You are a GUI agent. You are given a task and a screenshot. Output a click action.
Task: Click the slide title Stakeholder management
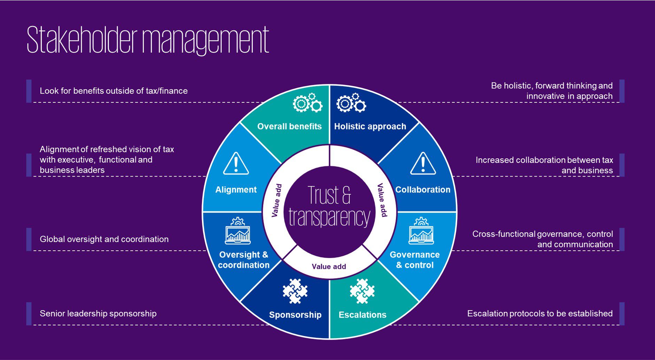coord(148,40)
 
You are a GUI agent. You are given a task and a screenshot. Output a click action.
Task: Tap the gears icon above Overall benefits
coord(307,103)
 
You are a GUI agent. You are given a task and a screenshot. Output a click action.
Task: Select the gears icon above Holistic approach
coord(351,103)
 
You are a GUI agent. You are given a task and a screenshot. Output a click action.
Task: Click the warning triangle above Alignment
coord(236,163)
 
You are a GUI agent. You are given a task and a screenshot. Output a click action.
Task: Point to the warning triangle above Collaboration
coord(423,163)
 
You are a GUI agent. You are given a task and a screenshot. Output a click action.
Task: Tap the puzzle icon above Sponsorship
coord(295,291)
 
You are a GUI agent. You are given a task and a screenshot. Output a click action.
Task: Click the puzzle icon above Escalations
coord(362,291)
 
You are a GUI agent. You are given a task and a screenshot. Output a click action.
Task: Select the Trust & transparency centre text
coord(329,206)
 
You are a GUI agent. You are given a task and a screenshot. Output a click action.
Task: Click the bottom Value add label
coord(329,267)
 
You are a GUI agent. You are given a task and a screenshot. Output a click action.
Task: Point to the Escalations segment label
coord(362,315)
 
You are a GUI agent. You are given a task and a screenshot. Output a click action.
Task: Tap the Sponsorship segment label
coord(295,315)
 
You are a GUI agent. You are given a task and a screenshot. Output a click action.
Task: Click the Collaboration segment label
coord(423,190)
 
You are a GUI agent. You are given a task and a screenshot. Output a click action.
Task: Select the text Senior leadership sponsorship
coord(98,313)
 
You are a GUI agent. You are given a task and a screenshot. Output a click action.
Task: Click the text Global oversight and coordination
coord(104,239)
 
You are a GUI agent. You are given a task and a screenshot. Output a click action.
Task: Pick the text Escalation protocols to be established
coord(540,313)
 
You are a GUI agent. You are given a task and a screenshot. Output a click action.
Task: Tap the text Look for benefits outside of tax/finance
coord(114,91)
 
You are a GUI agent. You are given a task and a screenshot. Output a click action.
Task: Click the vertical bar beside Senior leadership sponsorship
coord(29,313)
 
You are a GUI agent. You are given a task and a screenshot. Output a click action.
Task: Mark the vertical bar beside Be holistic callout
coord(622,91)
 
